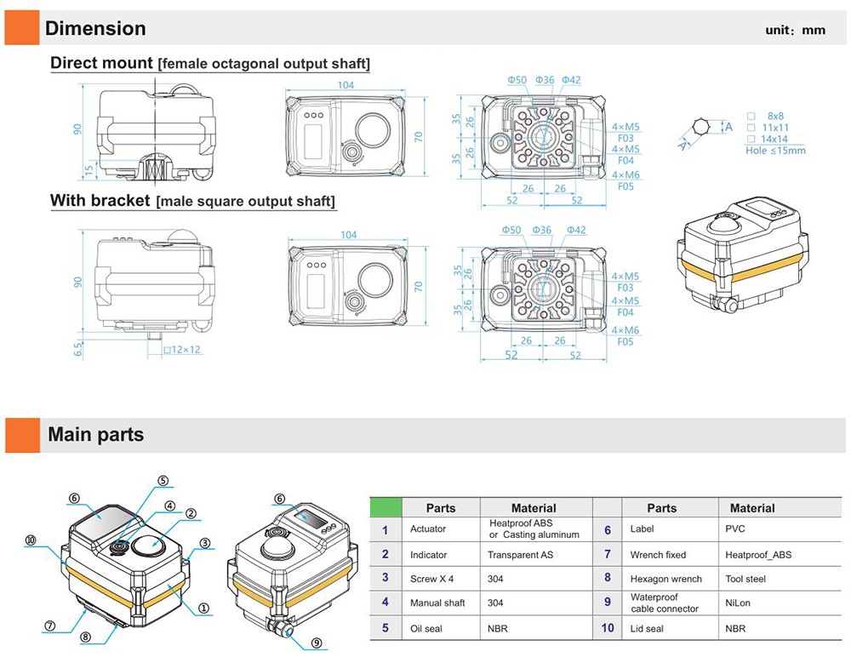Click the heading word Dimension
[95, 28]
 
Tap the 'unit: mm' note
[795, 30]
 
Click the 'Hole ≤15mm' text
[775, 150]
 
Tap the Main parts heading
[95, 435]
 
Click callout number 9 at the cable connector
[316, 643]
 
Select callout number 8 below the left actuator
[85, 637]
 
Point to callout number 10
[31, 540]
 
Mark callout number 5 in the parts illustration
[163, 480]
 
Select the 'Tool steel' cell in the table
[745, 579]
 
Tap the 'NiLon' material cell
[737, 603]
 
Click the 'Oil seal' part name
[428, 628]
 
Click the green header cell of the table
[386, 507]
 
